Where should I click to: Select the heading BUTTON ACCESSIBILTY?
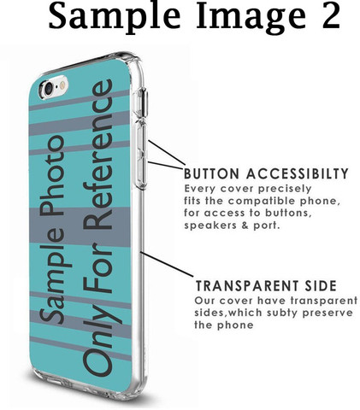pos(266,173)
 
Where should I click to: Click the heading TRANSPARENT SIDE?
pos(266,285)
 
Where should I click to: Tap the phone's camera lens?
pos(49,87)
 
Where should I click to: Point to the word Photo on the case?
pos(52,175)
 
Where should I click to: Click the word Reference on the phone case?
pos(97,155)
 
